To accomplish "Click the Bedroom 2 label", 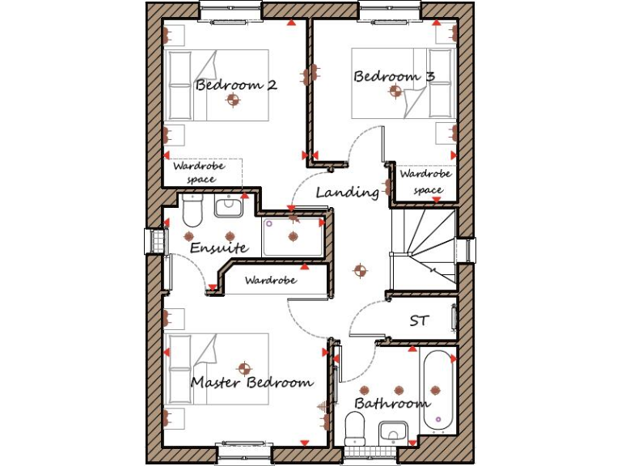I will pos(236,84).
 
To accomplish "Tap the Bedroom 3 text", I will pos(394,77).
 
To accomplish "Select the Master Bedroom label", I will pos(251,382).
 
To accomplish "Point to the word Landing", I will pos(347,193).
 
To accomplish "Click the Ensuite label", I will pos(218,248).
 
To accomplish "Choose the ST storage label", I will pos(419,321).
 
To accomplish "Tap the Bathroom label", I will pos(391,403).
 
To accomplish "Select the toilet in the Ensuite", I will pos(192,212).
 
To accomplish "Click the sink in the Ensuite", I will pos(229,206).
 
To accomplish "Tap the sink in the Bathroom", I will pos(392,433).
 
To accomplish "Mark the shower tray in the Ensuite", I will pos(293,237).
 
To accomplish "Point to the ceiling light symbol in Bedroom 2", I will pos(234,100).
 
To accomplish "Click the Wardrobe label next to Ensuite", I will pos(270,281).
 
